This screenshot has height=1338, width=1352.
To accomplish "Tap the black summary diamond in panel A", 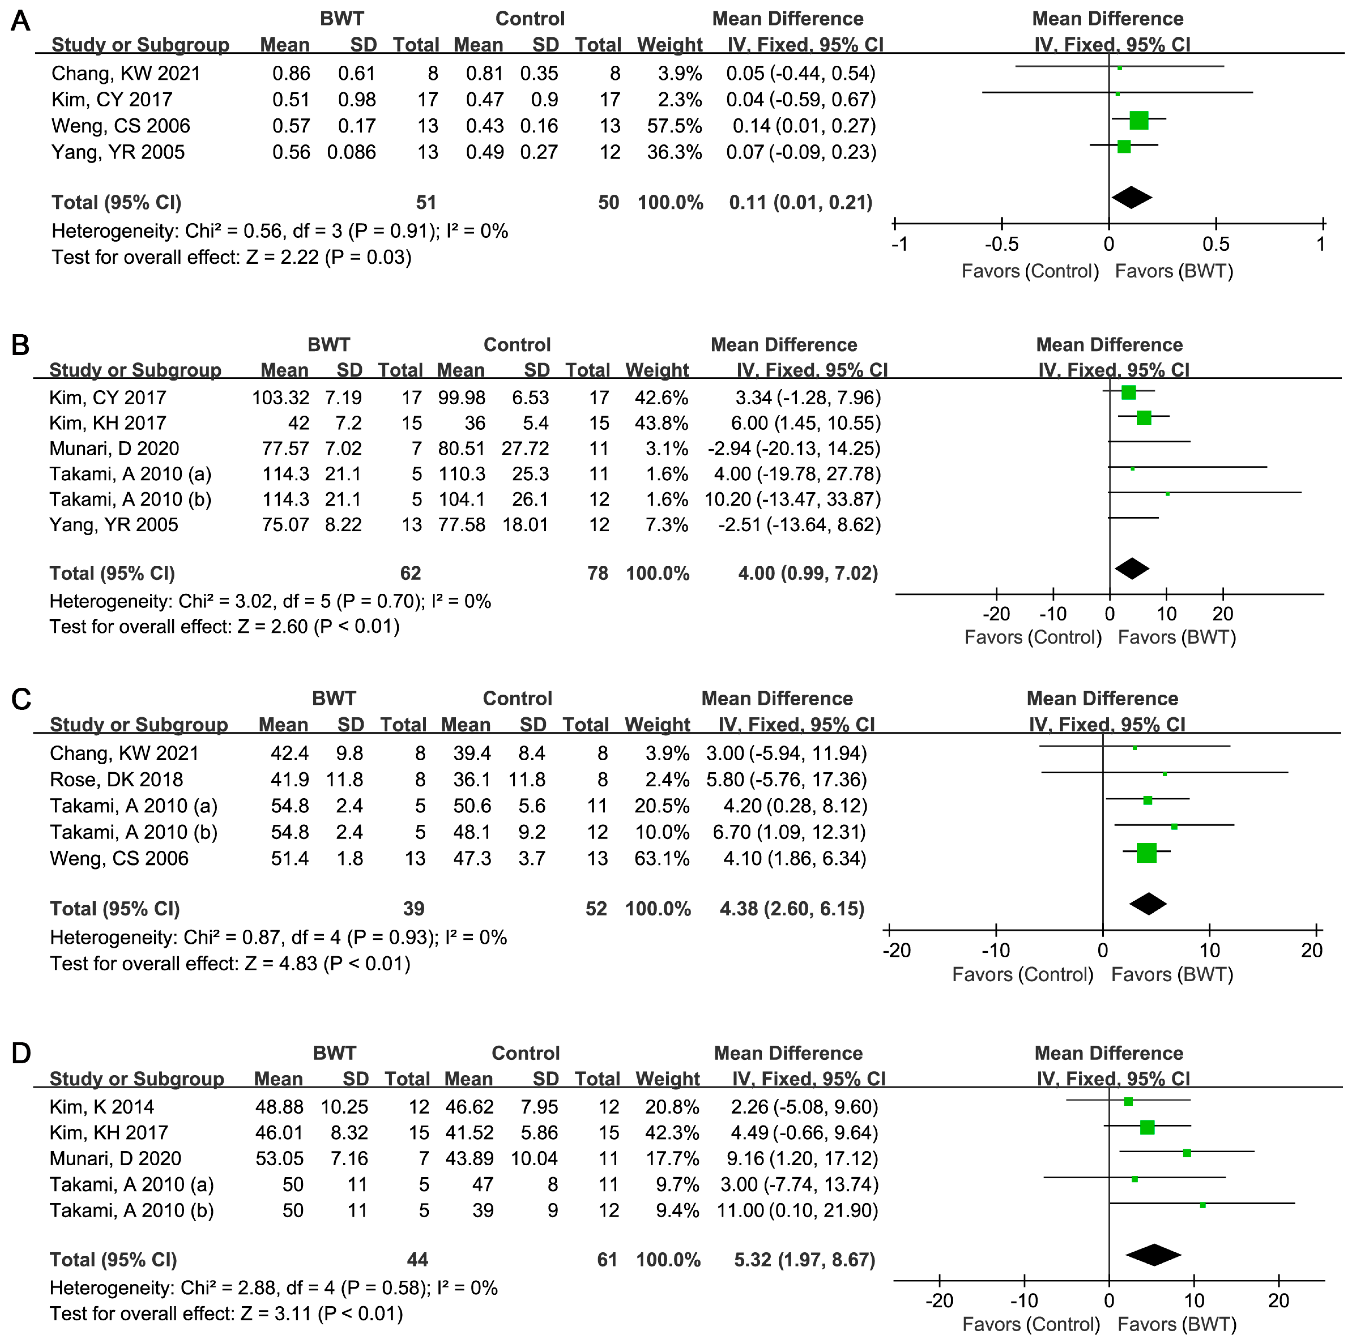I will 1131,197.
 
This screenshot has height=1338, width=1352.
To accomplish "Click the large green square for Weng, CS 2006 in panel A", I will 1139,120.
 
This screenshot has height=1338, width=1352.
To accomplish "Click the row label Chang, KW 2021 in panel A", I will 126,73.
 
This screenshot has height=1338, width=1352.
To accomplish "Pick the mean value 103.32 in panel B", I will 281,398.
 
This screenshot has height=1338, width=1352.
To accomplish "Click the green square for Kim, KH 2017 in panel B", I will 1144,418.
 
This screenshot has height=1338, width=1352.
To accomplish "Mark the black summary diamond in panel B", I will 1131,568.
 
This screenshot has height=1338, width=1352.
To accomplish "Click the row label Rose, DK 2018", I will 116,779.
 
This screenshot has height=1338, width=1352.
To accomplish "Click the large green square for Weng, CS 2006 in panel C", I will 1146,853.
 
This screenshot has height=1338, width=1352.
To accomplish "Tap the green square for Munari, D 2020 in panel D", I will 1187,1153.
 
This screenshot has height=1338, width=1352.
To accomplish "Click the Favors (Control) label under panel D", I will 1031,1324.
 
